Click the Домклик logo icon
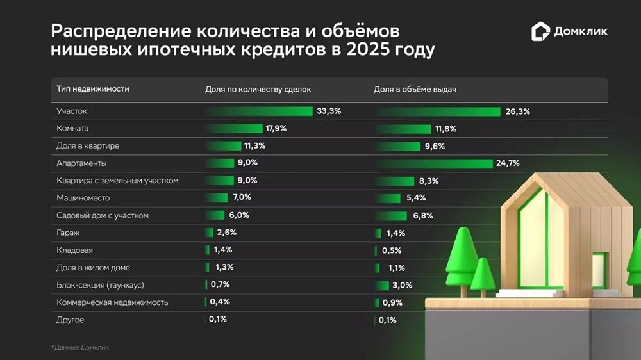540,31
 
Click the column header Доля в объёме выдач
414,89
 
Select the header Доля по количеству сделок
257,89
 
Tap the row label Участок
72,111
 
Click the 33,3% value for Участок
329,111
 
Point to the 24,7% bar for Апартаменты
433,163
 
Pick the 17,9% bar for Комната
233,129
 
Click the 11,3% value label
254,146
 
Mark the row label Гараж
68,233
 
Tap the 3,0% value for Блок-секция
403,285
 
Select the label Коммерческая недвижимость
112,302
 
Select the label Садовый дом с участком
103,215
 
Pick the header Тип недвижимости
92,89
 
